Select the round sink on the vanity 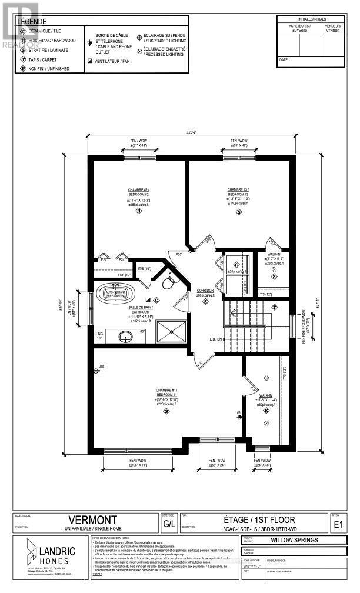tap(124, 337)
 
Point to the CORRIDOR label tap(205, 292)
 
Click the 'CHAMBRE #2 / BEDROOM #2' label tap(138, 192)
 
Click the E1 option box tap(338, 524)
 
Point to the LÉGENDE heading tap(29, 21)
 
